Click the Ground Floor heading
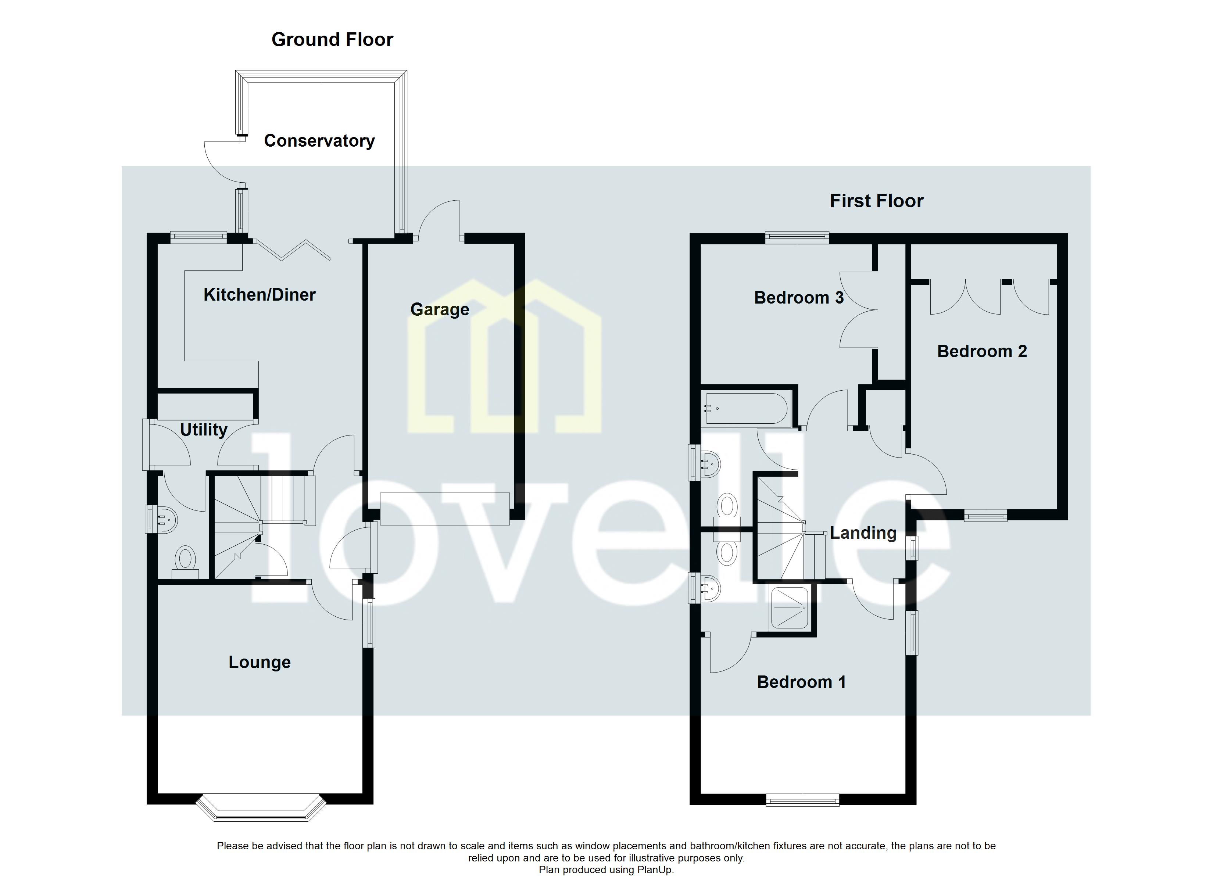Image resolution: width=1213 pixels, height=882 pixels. click(332, 40)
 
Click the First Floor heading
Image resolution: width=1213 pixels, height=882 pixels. click(876, 201)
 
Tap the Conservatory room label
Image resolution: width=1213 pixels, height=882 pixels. click(319, 141)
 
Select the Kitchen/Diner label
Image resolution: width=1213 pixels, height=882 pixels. click(260, 295)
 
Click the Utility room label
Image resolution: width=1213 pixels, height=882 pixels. click(203, 430)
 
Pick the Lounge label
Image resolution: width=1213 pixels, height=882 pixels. click(260, 662)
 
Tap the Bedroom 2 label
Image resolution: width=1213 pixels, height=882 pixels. click(982, 351)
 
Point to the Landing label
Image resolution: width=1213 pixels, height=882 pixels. click(863, 533)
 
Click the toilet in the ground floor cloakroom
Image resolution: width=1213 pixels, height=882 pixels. click(185, 560)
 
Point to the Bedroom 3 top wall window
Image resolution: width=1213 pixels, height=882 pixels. click(797, 237)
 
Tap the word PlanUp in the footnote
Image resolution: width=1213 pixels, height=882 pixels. click(655, 870)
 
